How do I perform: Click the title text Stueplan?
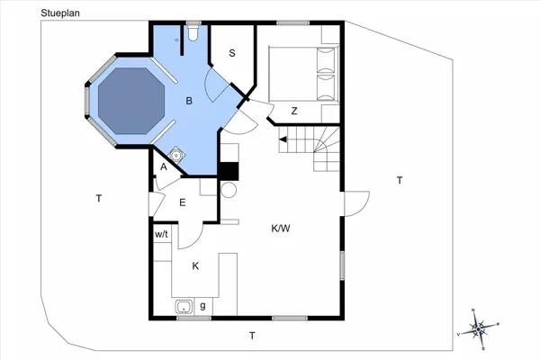[x=60, y=13]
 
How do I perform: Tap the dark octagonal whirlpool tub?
[x=131, y=101]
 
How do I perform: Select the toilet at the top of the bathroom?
[x=193, y=32]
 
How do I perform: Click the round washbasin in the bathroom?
[x=176, y=156]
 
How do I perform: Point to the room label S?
[x=232, y=53]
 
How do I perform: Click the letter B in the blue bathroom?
[x=189, y=101]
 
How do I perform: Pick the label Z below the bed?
[x=294, y=111]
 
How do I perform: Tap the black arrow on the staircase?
[x=283, y=139]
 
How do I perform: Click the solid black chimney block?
[x=229, y=171]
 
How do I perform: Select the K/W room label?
[x=281, y=229]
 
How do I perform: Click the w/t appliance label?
[x=161, y=235]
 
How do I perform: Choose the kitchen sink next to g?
[x=184, y=306]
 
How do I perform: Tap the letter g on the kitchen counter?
[x=202, y=306]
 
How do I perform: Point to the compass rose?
[x=479, y=329]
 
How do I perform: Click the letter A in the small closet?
[x=164, y=166]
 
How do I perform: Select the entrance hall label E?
[x=183, y=202]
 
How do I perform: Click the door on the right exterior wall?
[x=356, y=204]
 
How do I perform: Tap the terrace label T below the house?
[x=252, y=336]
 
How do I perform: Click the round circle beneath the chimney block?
[x=229, y=190]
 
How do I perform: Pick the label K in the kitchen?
[x=195, y=266]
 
